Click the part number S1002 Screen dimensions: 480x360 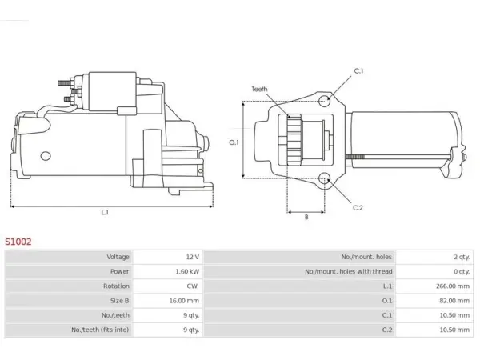[x=18, y=242]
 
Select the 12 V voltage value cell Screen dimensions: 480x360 [x=193, y=257]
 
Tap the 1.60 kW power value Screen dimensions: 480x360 [x=187, y=271]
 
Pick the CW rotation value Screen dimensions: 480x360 [x=192, y=286]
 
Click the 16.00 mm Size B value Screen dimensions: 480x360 [x=184, y=301]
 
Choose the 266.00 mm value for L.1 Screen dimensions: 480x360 [x=453, y=286]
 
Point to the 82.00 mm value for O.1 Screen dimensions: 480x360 [x=454, y=301]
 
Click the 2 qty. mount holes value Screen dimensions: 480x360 [x=462, y=257]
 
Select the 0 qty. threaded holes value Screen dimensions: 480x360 [x=462, y=271]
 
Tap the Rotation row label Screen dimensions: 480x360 [x=116, y=286]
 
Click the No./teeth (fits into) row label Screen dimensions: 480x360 [x=100, y=330]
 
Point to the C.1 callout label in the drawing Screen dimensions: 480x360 [x=358, y=70]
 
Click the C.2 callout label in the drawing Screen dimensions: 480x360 [x=358, y=208]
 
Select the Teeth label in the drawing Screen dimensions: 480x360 [x=259, y=89]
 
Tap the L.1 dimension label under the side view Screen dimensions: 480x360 [x=105, y=212]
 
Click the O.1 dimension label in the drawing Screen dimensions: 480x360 [x=234, y=142]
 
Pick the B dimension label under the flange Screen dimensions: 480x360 [x=306, y=217]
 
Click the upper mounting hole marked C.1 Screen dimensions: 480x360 [x=324, y=101]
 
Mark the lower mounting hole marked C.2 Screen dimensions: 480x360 [x=324, y=178]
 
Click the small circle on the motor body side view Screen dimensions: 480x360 [x=46, y=156]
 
